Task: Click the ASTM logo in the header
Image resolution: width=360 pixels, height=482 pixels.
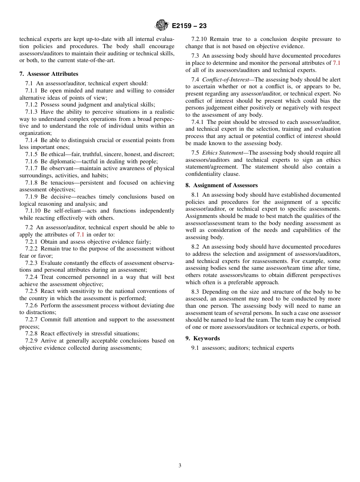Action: pyautogui.click(x=162, y=26)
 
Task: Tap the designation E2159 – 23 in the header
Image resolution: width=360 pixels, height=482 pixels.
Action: pyautogui.click(x=189, y=26)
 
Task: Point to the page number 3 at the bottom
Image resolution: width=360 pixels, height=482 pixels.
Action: pyautogui.click(x=180, y=466)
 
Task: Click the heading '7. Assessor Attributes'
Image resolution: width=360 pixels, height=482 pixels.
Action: pyautogui.click(x=49, y=74)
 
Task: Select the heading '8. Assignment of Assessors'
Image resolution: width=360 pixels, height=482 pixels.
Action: pyautogui.click(x=222, y=185)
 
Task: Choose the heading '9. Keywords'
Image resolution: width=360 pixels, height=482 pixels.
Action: pyautogui.click(x=203, y=338)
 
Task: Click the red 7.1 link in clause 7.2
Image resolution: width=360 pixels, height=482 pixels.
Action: pyautogui.click(x=80, y=235)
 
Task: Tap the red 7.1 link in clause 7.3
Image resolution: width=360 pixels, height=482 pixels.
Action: pyautogui.click(x=336, y=63)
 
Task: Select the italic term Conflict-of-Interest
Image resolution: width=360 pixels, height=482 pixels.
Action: pyautogui.click(x=226, y=80)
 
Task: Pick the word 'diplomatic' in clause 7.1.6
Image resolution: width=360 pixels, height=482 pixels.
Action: pyautogui.click(x=62, y=161)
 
